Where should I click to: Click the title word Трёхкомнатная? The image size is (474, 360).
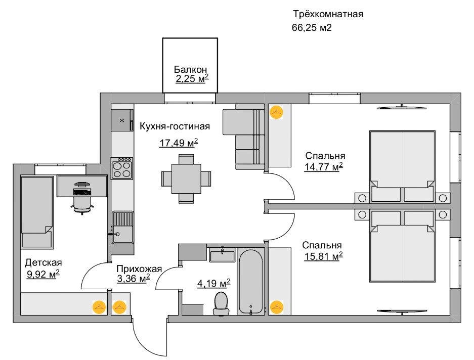click(328, 14)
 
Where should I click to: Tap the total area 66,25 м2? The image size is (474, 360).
click(312, 28)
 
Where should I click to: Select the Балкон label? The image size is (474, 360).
click(190, 69)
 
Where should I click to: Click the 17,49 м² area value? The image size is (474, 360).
click(179, 143)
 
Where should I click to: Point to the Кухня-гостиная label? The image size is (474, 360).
click(175, 126)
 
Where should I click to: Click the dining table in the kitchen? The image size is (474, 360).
click(186, 178)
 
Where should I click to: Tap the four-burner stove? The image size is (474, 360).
click(122, 168)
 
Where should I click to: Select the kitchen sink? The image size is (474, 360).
click(122, 228)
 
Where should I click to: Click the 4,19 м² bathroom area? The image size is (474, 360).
click(213, 284)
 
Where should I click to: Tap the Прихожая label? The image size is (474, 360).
click(139, 268)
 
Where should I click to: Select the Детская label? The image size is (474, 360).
click(43, 262)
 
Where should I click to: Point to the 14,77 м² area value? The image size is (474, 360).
click(323, 166)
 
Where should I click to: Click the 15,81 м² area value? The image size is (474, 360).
click(323, 256)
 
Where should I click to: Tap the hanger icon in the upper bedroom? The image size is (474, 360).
click(276, 112)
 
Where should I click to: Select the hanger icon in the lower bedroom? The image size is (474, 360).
click(276, 307)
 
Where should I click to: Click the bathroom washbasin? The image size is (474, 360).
click(222, 254)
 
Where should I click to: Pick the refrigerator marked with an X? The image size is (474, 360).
click(121, 120)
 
